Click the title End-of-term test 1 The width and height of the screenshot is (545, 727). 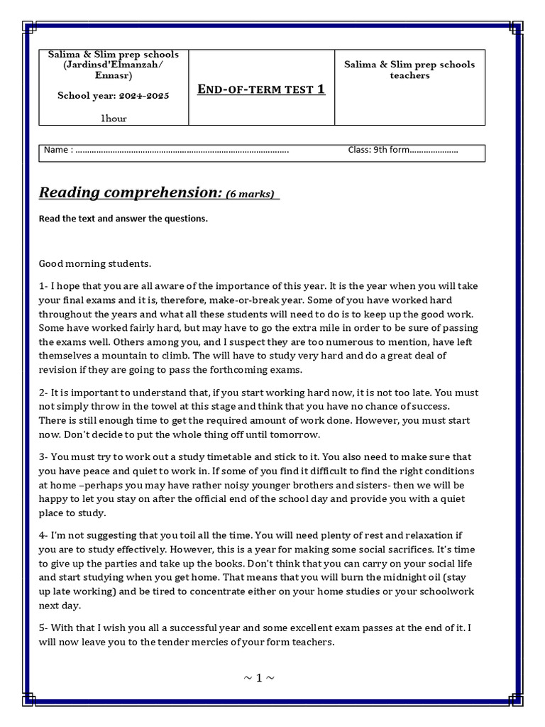[260, 89]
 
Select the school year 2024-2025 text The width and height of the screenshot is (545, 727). [114, 96]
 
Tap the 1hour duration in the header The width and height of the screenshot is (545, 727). [114, 119]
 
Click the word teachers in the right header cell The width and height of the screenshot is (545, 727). [409, 75]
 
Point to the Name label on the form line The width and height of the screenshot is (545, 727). [56, 150]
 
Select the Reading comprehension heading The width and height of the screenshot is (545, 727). [131, 192]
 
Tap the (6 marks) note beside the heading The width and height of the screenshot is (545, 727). [251, 194]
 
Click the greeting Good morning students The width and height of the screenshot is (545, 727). [95, 263]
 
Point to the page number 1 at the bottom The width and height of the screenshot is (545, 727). [259, 678]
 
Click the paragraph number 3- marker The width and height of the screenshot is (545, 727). [44, 457]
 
